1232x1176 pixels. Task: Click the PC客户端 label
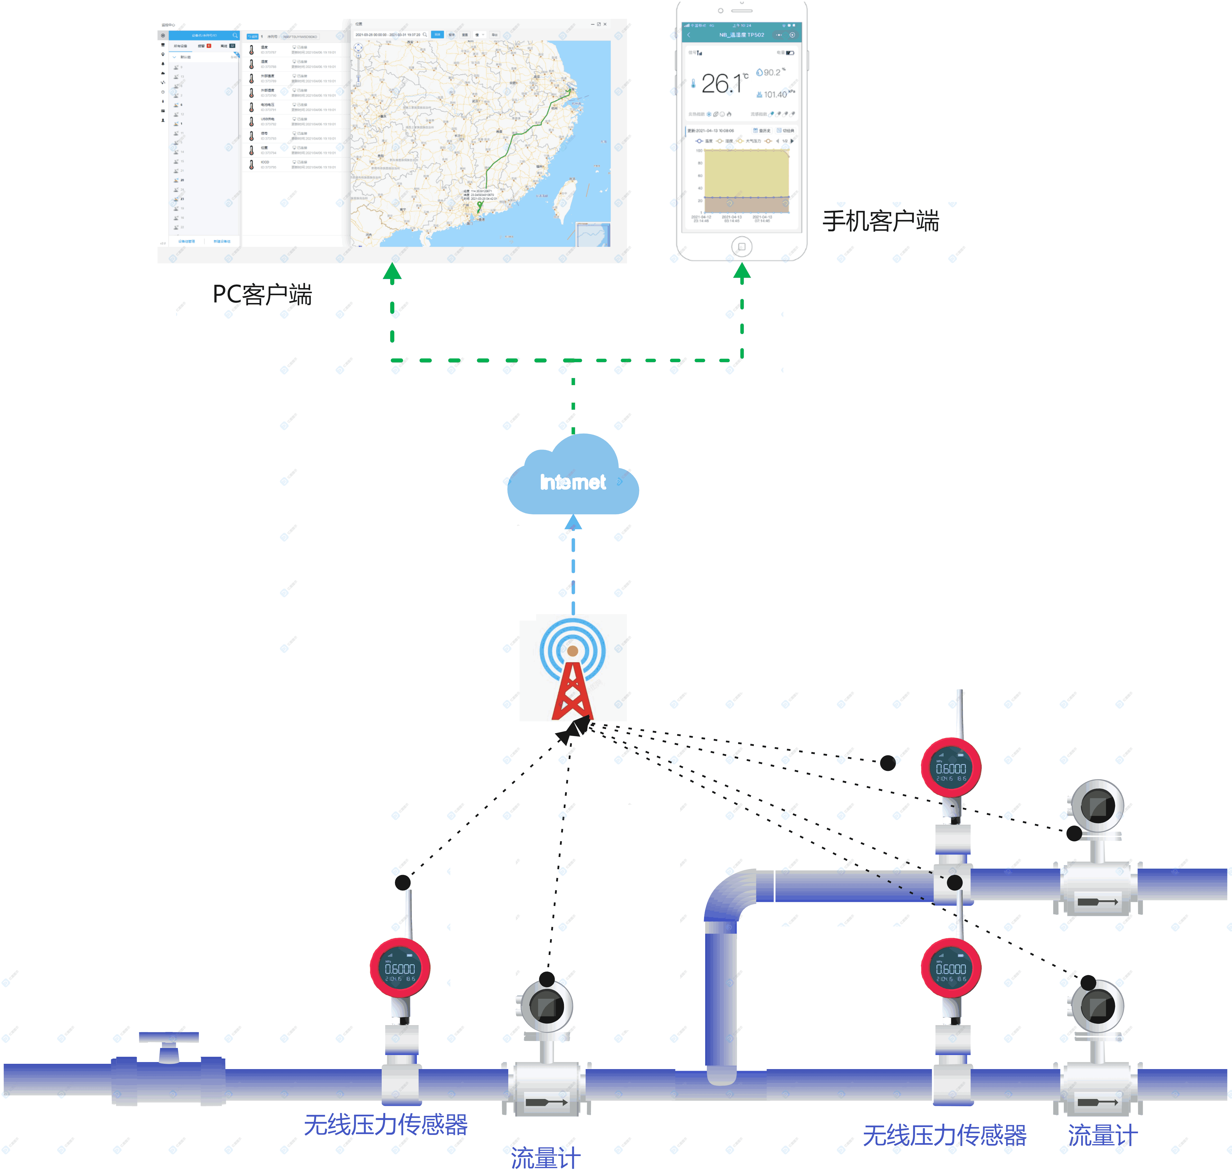[x=262, y=294]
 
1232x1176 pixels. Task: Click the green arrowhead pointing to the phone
[x=742, y=271]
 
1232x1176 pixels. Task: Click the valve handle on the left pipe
[x=168, y=1038]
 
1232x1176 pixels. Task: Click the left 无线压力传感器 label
[x=385, y=1125]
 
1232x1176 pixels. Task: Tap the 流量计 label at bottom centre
[x=545, y=1157]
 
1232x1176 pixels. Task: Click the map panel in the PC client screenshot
[x=480, y=143]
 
